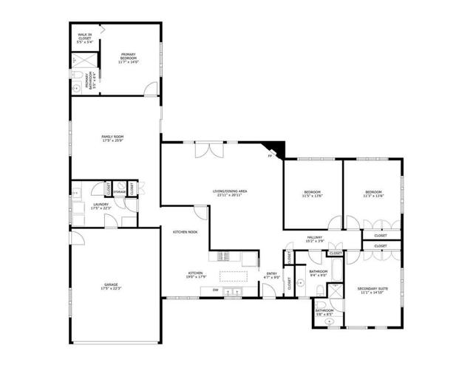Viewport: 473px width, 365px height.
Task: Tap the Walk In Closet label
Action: coord(86,38)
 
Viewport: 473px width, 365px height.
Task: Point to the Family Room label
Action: coord(114,138)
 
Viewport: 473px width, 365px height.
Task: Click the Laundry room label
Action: coord(100,206)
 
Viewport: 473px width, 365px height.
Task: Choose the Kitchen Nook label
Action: coord(185,232)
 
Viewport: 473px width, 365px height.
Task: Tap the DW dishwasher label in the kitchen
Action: coord(215,290)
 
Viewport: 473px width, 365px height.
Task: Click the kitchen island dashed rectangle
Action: coord(234,277)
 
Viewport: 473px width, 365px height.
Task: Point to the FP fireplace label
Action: coord(270,157)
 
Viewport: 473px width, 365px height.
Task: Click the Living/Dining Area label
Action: coord(230,193)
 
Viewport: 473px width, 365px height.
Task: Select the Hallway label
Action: coord(315,239)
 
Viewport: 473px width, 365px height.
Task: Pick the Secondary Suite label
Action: coord(373,290)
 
